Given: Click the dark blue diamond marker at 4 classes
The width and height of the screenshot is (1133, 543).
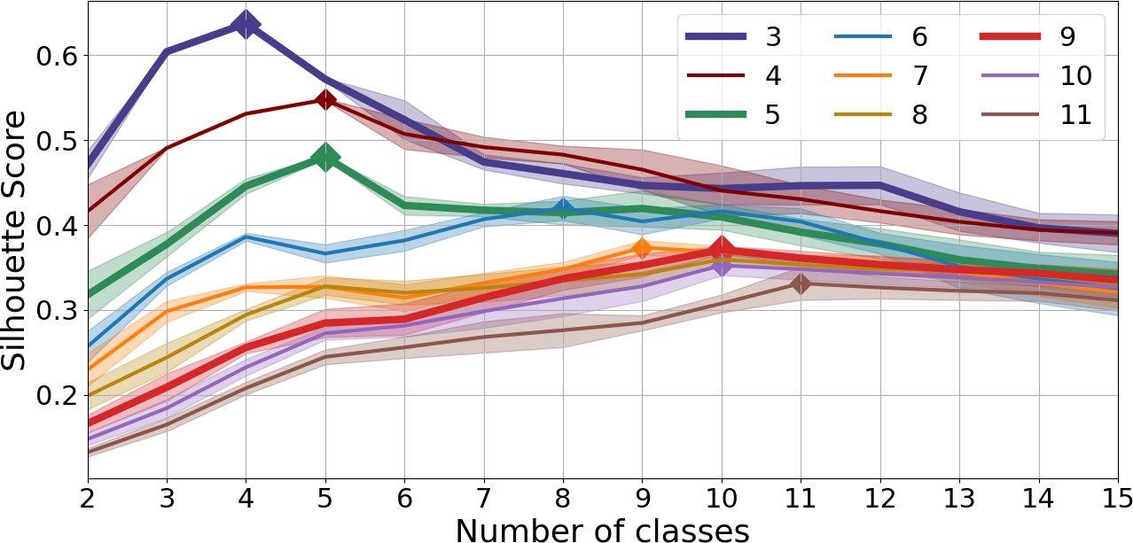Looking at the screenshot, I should click(246, 24).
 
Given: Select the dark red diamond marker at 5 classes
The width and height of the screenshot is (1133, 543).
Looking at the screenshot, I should click(325, 99).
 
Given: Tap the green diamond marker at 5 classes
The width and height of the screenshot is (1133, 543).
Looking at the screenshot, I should click(325, 158).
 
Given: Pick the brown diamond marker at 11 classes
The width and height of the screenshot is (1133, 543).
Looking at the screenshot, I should click(801, 283).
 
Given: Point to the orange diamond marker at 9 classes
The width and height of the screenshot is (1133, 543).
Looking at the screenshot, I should click(642, 248).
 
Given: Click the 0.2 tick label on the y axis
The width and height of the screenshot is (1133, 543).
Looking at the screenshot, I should click(54, 395).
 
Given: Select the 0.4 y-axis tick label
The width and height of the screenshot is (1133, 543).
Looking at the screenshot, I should click(54, 225).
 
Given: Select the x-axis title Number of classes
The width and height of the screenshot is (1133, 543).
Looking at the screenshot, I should click(603, 529).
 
